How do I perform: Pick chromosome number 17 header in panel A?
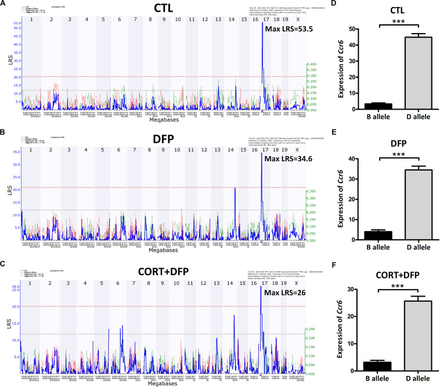coord(265,20)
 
